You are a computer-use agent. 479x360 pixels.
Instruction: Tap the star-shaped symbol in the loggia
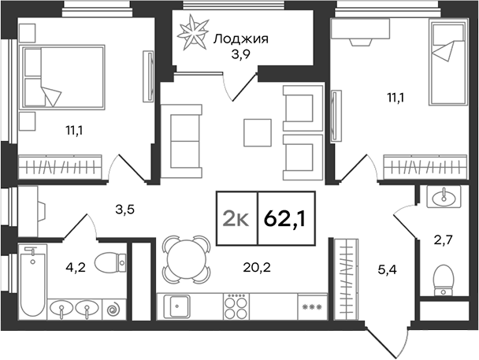(193, 32)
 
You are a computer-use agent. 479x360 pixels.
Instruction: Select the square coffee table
(256, 132)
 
